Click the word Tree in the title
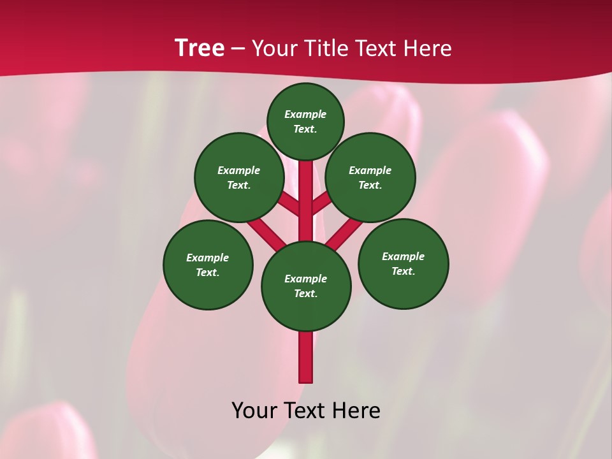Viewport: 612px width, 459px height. [200, 48]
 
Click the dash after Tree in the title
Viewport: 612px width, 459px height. [238, 49]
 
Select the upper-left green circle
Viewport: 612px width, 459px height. [239, 177]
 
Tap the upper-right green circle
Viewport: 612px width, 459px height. [370, 177]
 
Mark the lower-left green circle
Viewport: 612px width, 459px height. [208, 265]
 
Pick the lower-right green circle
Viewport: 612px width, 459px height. [404, 263]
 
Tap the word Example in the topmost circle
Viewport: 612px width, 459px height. [305, 114]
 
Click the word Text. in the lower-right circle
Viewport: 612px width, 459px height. [403, 271]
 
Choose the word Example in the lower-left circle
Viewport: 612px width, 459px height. [207, 258]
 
